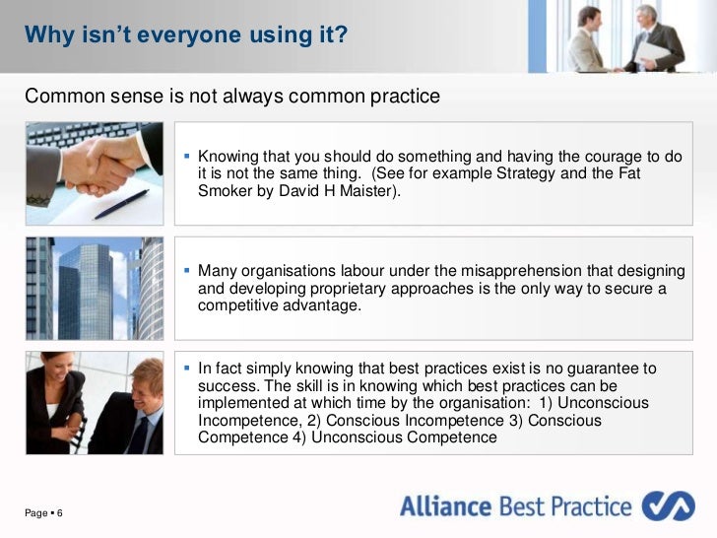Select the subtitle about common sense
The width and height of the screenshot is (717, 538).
231,97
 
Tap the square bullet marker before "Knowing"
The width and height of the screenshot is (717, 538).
187,158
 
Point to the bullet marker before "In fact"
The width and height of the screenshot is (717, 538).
187,370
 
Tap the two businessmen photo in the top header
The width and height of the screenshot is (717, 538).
622,36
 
